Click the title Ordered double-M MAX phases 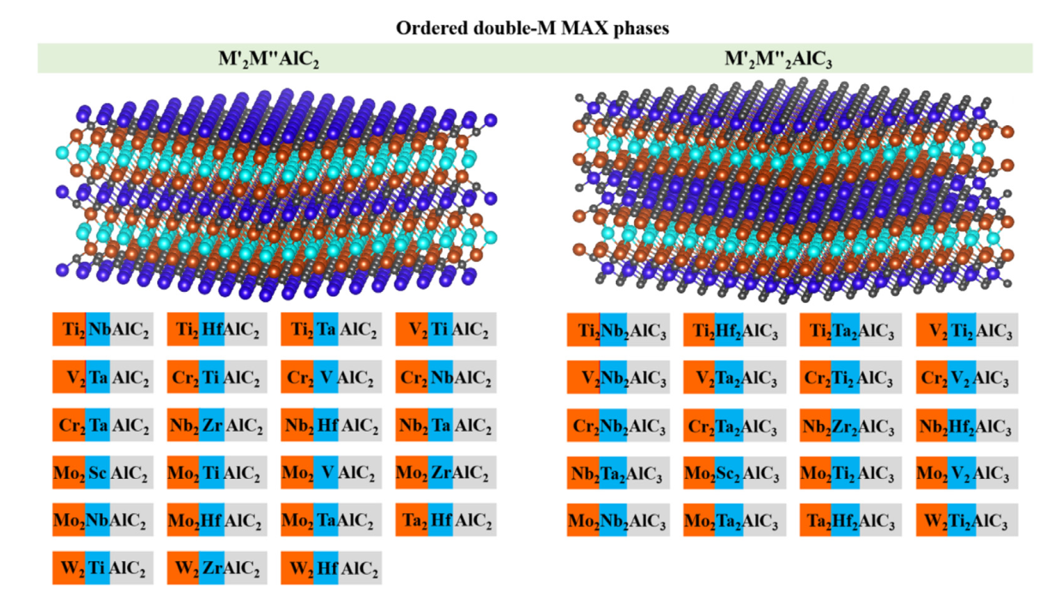532,27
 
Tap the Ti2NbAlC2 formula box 103,329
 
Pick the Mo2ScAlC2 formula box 103,472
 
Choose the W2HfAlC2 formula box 331,567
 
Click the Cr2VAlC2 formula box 331,377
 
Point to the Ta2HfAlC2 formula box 446,519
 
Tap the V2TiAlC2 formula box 446,329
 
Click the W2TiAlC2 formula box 103,567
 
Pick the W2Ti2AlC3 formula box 967,521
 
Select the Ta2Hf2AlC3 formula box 851,521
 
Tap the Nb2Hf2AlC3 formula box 967,426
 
